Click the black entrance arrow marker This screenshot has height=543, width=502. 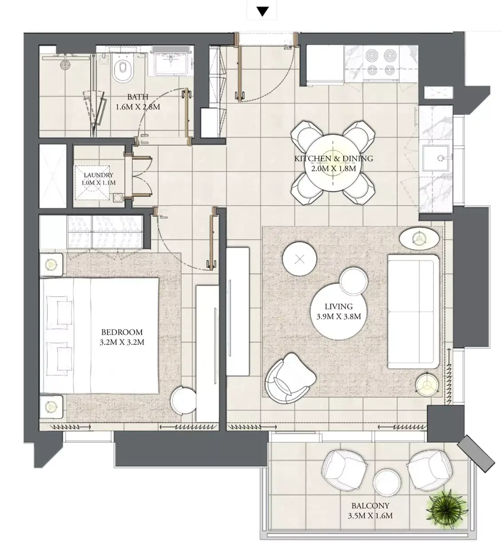pyautogui.click(x=262, y=12)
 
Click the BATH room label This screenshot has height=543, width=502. pyautogui.click(x=138, y=97)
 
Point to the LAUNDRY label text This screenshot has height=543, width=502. pyautogui.click(x=99, y=175)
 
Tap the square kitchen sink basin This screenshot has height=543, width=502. pyautogui.click(x=436, y=158)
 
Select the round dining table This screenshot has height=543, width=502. pyautogui.click(x=333, y=163)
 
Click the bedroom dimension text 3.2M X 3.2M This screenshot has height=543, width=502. pyautogui.click(x=122, y=342)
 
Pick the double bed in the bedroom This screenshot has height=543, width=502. pyautogui.click(x=99, y=336)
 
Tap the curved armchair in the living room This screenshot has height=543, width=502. pyautogui.click(x=290, y=379)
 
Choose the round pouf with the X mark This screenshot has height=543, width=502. pyautogui.click(x=300, y=258)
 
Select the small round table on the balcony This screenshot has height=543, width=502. pyautogui.click(x=387, y=482)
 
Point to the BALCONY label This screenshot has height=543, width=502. pyautogui.click(x=370, y=505)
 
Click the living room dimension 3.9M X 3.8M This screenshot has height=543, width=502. pyautogui.click(x=339, y=316)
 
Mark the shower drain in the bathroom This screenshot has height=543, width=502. pyautogui.click(x=65, y=65)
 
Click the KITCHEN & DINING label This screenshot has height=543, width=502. pyautogui.click(x=334, y=158)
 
